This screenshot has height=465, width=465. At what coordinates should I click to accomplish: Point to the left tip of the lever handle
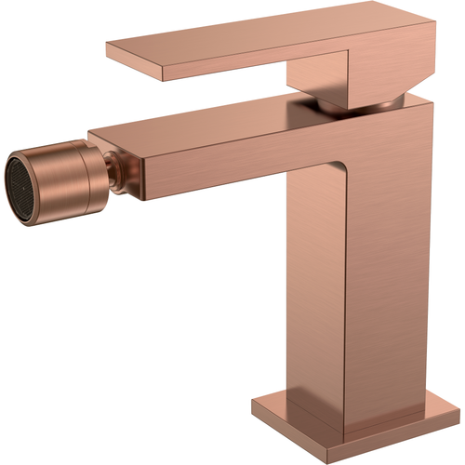pyautogui.click(x=110, y=48)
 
